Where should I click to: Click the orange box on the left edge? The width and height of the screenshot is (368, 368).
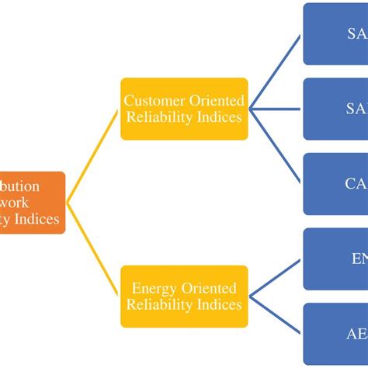point(31,203)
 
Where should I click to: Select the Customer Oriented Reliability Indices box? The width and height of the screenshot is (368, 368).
point(184,109)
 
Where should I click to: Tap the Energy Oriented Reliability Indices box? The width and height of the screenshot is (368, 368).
point(184,297)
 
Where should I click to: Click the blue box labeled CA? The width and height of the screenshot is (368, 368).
point(335,184)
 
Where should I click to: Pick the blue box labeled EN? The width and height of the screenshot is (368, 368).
point(335,259)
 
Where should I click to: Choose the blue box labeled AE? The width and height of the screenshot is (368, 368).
point(335,334)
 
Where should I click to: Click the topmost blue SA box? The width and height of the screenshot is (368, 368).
point(335,34)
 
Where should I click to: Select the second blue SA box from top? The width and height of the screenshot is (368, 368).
point(335,109)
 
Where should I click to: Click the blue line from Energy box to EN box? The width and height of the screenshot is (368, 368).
point(276,278)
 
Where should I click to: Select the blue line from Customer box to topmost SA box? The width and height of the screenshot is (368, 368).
point(276,71)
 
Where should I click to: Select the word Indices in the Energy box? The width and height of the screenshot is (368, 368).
point(219,305)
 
